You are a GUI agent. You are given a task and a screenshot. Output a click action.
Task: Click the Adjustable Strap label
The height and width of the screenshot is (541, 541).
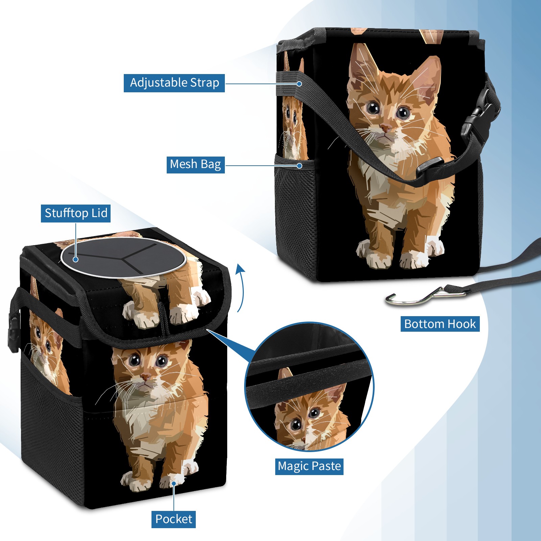[x=174, y=83]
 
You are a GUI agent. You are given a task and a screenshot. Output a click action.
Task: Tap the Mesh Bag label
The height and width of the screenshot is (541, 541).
[x=195, y=164]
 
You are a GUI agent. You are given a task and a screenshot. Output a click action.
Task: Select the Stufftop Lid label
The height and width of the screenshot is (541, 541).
[x=76, y=213]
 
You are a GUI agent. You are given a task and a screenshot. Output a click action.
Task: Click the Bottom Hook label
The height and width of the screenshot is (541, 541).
[x=440, y=324]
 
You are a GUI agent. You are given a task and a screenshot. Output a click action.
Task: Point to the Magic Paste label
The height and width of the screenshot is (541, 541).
[x=309, y=466]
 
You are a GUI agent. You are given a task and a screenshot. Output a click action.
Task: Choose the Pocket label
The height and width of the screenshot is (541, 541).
[x=173, y=519]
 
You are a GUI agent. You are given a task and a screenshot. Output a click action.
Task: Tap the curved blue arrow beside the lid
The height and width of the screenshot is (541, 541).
[x=241, y=287]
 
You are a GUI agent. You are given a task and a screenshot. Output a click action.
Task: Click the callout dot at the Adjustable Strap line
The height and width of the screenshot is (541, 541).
[x=299, y=84]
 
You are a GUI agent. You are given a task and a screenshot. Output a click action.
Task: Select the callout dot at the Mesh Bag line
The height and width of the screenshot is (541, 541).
[x=299, y=166]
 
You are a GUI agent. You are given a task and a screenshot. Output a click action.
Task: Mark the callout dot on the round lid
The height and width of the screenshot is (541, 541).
[x=76, y=259]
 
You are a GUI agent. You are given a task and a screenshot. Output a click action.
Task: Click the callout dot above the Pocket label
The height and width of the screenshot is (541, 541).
[x=173, y=484]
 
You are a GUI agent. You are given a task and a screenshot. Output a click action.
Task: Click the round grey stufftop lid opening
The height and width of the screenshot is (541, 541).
[x=123, y=258]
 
